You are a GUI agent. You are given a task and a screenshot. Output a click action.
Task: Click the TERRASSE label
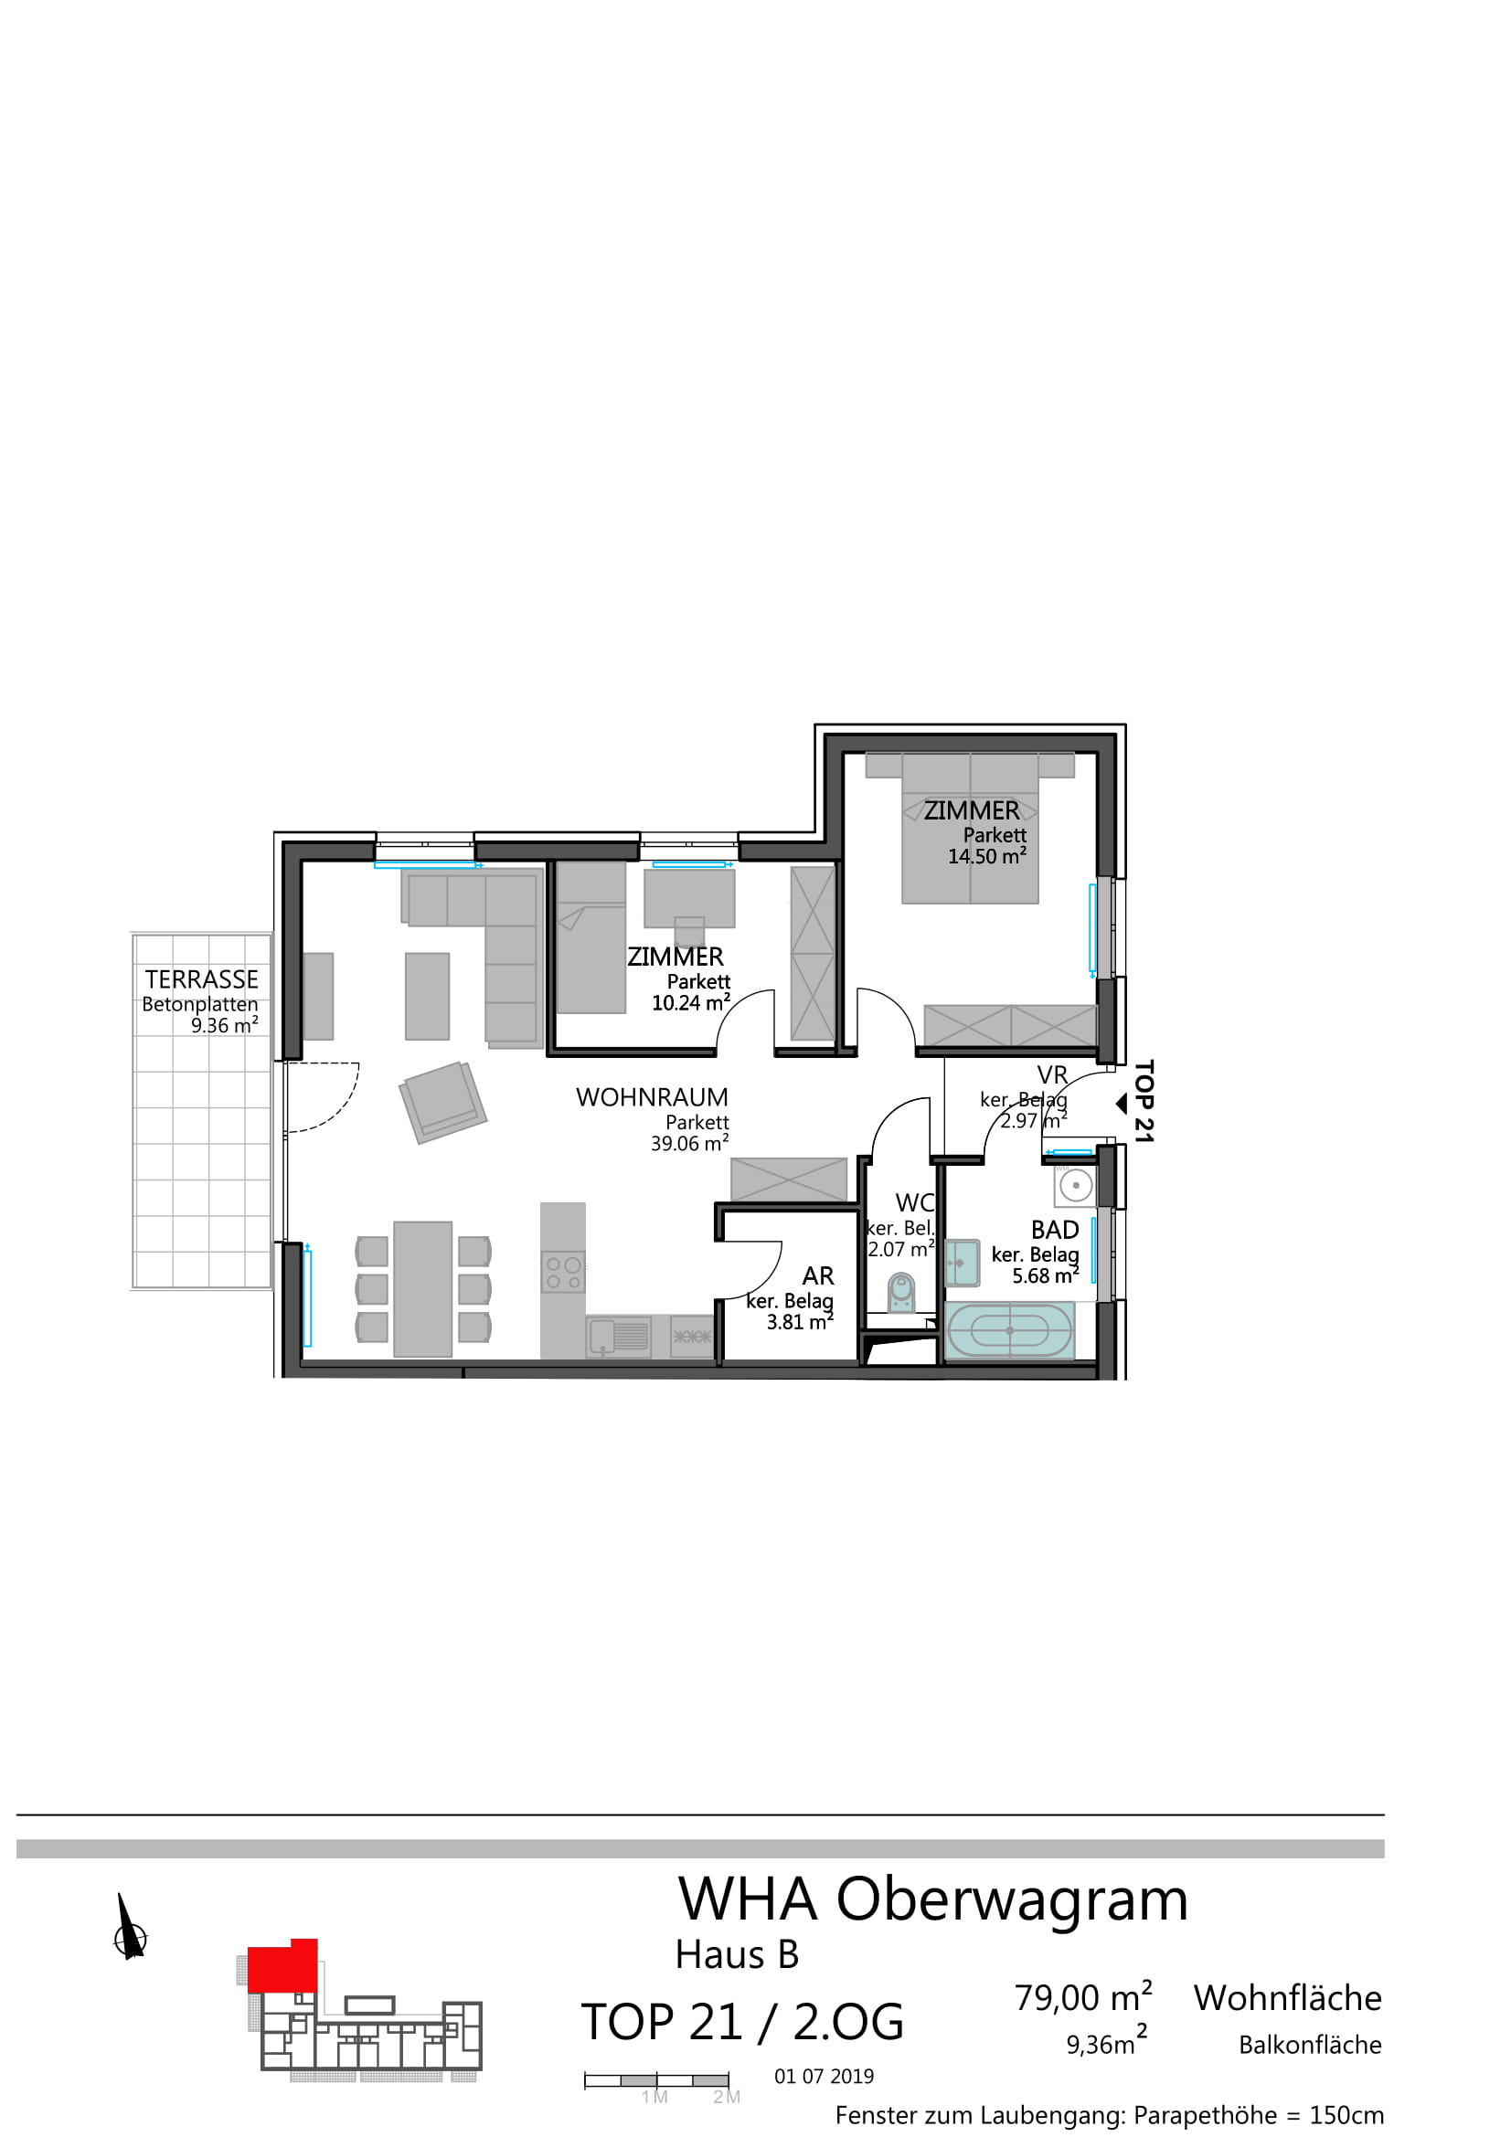click(201, 979)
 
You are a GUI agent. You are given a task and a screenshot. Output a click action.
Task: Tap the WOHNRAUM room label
click(652, 1097)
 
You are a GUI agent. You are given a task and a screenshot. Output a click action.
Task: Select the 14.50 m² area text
click(987, 855)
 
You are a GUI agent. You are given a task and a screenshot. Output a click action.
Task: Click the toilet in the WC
click(900, 1292)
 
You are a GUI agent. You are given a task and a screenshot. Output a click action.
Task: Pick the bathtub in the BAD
click(1009, 1330)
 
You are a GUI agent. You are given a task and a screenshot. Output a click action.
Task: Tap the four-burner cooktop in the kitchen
click(563, 1273)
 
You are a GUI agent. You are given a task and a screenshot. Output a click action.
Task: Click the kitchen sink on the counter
click(618, 1337)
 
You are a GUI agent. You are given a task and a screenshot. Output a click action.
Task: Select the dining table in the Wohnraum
click(422, 1289)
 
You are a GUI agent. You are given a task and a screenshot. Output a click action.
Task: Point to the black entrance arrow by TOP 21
click(1122, 1103)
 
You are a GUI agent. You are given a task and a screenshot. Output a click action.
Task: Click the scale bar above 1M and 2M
click(656, 2080)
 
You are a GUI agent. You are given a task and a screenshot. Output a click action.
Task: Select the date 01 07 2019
click(824, 2076)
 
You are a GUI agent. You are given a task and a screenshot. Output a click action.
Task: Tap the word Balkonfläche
click(1310, 2044)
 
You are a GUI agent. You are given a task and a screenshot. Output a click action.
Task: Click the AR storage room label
click(818, 1276)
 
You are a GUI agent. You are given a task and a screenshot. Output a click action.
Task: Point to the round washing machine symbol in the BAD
click(1075, 1186)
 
